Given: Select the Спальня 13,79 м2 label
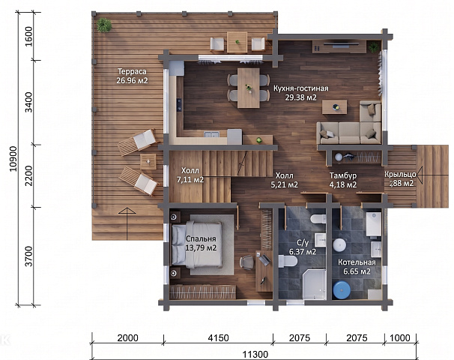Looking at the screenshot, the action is pos(201,243).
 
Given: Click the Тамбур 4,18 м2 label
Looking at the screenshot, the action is pos(343,180).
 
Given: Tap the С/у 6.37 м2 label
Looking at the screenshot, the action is pos(303,247).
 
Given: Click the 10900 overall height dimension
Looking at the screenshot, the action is pos(13,159).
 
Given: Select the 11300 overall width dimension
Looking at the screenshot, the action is pos(255,354).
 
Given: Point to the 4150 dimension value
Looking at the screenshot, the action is pos(218,338).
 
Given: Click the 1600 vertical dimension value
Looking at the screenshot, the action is pos(28,36).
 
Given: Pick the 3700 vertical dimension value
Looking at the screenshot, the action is pos(28,256).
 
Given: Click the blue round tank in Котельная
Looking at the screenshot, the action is pos(342,289).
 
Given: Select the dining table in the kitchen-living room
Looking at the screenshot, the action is pos(249,88).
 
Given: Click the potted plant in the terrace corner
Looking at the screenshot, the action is pos(104,25).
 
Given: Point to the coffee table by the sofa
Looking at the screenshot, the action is pos(335,107).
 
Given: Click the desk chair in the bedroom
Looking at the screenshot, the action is pos(246,262).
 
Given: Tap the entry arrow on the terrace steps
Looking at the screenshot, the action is pos(127,223).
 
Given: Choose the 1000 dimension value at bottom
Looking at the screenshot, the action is pos(400,338).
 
